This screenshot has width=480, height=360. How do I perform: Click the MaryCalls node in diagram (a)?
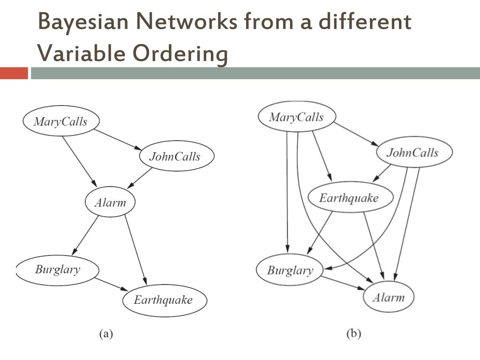click(x=61, y=121)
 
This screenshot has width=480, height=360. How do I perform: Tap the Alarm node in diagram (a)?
click(x=110, y=202)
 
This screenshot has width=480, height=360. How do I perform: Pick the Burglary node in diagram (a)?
click(x=58, y=270)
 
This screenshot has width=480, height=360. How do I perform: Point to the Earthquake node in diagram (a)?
click(x=164, y=300)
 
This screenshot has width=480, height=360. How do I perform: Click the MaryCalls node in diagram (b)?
click(x=296, y=117)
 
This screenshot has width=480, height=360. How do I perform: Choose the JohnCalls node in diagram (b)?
click(x=413, y=152)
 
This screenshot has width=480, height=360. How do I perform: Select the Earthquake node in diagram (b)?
click(x=349, y=197)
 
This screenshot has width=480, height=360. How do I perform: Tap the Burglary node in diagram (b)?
click(x=290, y=270)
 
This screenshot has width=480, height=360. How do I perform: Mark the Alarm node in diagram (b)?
click(x=389, y=297)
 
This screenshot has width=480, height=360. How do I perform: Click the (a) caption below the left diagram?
click(x=105, y=334)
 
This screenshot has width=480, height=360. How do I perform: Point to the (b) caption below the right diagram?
click(x=353, y=334)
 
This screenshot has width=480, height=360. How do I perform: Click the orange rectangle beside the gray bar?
click(x=14, y=73)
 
